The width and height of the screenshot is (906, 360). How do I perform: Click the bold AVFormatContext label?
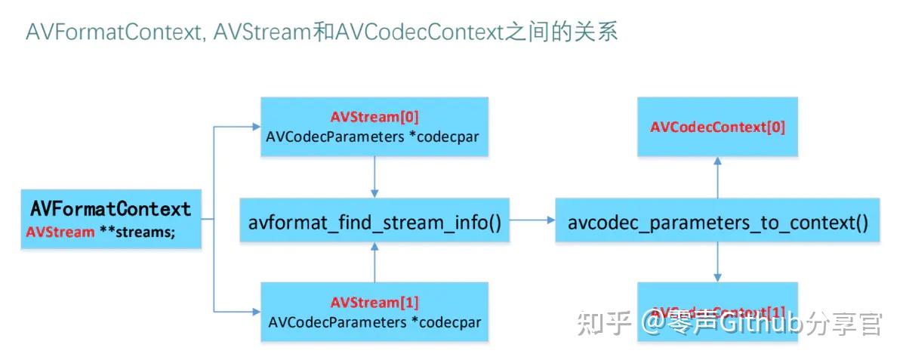[x=110, y=208]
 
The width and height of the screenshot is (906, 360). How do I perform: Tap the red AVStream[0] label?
[x=374, y=117]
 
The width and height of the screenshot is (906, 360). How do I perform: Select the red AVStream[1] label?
[x=374, y=303]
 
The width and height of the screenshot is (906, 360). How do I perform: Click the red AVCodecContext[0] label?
[x=717, y=127]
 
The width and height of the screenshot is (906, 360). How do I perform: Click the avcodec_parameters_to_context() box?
[x=717, y=221]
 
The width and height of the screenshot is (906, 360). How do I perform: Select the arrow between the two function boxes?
[x=532, y=220]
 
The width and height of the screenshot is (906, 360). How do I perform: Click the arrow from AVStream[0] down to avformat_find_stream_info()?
[x=374, y=177]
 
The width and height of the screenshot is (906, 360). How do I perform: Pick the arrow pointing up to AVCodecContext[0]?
[x=717, y=177]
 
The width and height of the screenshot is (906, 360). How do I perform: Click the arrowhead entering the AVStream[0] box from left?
[x=254, y=127]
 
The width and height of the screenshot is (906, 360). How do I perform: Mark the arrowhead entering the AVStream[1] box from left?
[x=254, y=312]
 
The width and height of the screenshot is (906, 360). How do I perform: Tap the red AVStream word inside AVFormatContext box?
[x=60, y=232]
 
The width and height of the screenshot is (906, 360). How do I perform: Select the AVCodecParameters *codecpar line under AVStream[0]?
[x=374, y=137]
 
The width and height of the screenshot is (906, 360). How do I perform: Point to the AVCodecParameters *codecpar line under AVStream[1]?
[x=374, y=322]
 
